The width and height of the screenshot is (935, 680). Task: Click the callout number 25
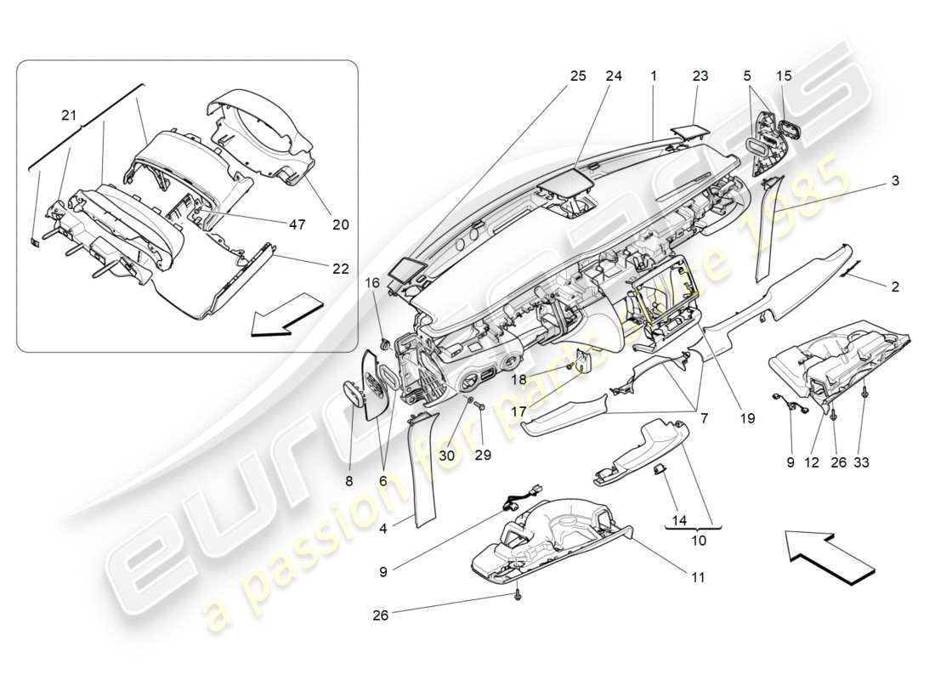pyautogui.click(x=578, y=76)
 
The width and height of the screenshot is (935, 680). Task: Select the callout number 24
pyautogui.click(x=614, y=76)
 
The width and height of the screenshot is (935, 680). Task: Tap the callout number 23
pyautogui.click(x=700, y=76)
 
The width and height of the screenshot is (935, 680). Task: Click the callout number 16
pyautogui.click(x=372, y=282)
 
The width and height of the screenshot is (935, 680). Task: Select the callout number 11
pyautogui.click(x=698, y=577)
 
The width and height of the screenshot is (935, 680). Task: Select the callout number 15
pyautogui.click(x=784, y=76)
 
